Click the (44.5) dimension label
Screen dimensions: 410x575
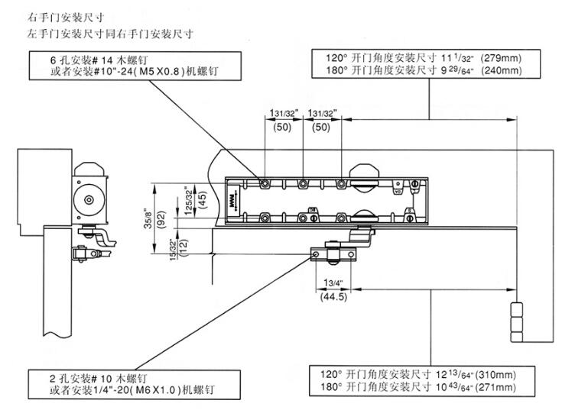333,297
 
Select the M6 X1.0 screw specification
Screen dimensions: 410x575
158,389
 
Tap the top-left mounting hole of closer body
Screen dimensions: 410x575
262,183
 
